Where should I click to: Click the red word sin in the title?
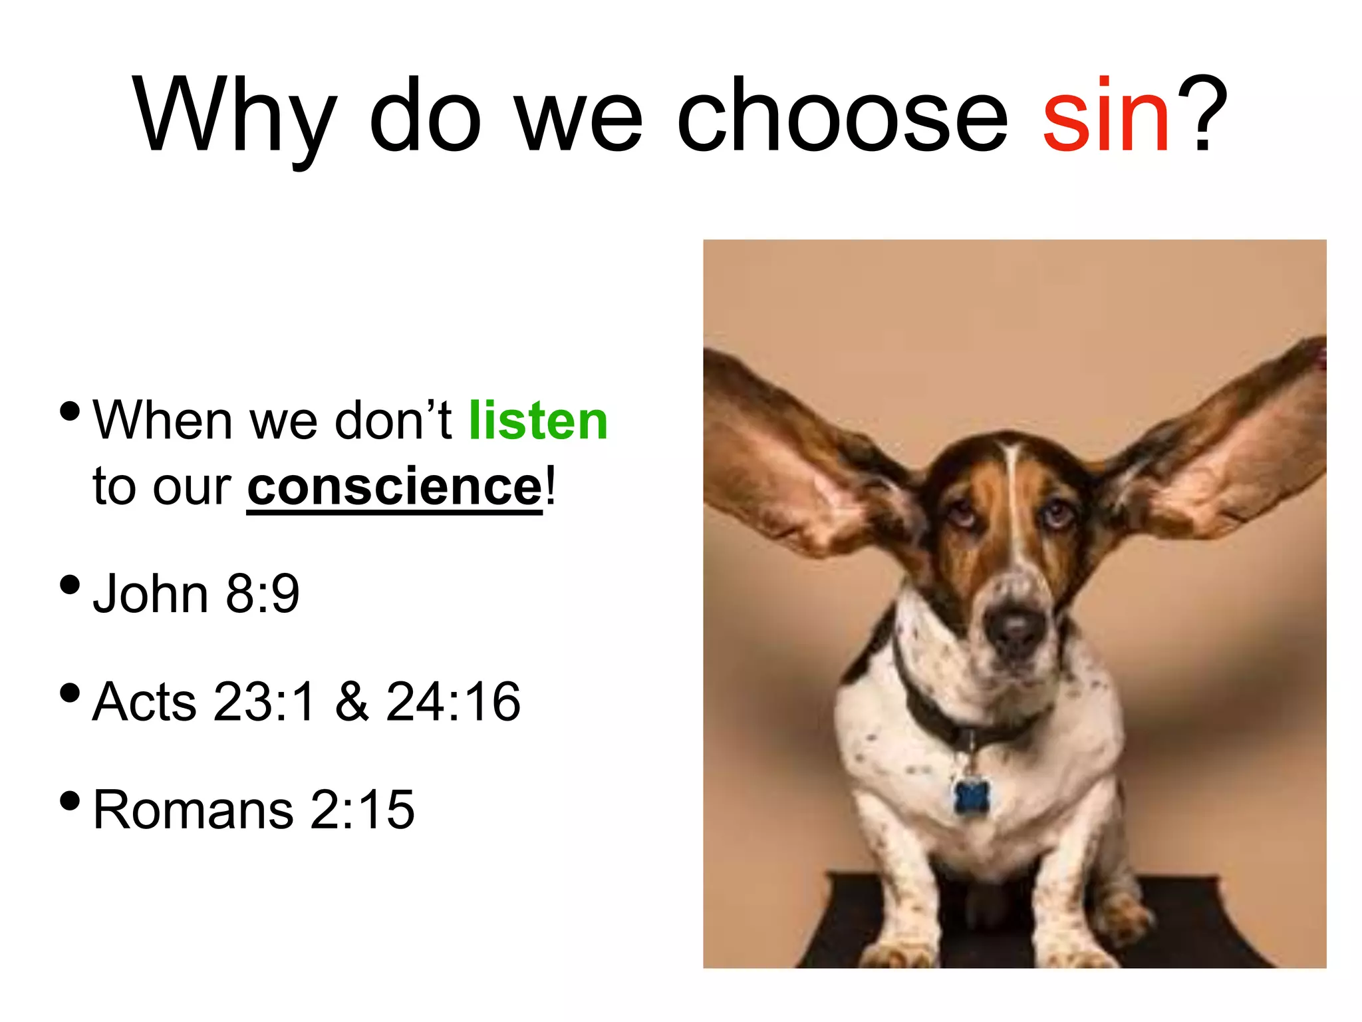point(1106,116)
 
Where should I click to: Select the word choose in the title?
point(842,116)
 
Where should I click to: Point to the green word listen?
point(538,421)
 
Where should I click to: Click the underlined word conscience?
point(395,488)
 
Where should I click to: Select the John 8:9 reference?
point(196,593)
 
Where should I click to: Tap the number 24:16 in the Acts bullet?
point(453,701)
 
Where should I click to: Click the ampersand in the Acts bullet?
point(352,701)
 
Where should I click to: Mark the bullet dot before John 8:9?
point(70,586)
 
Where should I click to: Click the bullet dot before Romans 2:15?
point(70,801)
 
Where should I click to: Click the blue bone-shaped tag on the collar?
point(972,796)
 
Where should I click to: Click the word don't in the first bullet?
point(393,421)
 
